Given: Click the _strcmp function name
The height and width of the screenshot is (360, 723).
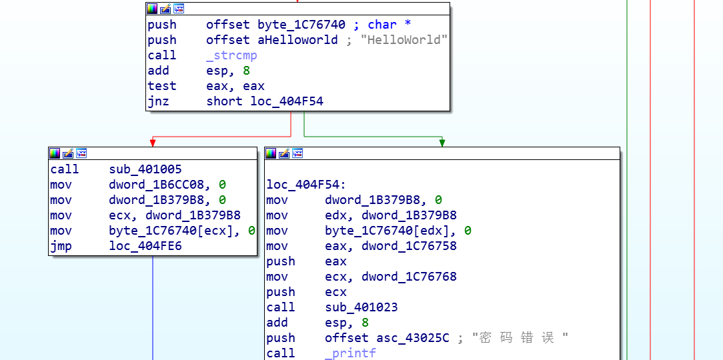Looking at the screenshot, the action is pyautogui.click(x=231, y=55).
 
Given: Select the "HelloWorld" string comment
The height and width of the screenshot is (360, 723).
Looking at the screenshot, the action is pyautogui.click(x=405, y=40).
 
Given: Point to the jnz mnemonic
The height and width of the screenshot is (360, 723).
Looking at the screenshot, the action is pyautogui.click(x=158, y=101).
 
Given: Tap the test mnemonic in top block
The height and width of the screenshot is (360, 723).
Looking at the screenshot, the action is pyautogui.click(x=162, y=86).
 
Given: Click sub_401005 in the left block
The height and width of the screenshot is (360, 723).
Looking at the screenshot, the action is pyautogui.click(x=145, y=169).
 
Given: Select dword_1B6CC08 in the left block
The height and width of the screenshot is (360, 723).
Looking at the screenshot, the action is pyautogui.click(x=160, y=185).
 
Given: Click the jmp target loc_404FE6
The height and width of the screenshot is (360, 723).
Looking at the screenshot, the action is pyautogui.click(x=145, y=246).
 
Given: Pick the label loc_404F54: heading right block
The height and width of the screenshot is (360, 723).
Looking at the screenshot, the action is pyautogui.click(x=306, y=185).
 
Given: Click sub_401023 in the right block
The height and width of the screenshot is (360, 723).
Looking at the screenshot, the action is pyautogui.click(x=361, y=307).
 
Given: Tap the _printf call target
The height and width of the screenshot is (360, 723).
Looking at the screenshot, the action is pyautogui.click(x=350, y=353).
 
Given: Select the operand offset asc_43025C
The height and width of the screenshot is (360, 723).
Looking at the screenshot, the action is pyautogui.click(x=387, y=338).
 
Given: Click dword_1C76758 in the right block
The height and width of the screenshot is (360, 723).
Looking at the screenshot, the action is pyautogui.click(x=409, y=246).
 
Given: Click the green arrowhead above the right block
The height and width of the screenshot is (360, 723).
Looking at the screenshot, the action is pyautogui.click(x=442, y=143).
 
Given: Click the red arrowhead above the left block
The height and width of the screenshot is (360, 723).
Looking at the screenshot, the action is pyautogui.click(x=153, y=143).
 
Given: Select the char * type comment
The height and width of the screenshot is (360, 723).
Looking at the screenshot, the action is pyautogui.click(x=390, y=25).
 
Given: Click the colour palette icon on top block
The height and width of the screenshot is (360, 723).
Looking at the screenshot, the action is pyautogui.click(x=152, y=9).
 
